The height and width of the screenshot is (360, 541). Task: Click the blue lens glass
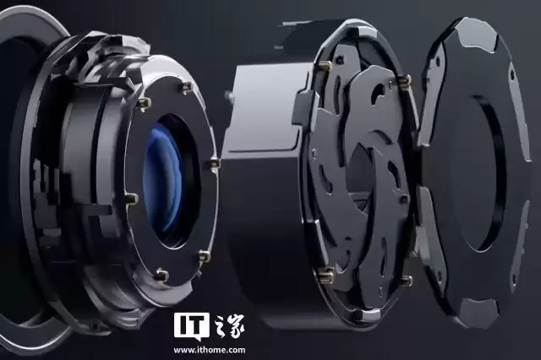[x=163, y=178]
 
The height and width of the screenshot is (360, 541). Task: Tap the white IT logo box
[x=192, y=325]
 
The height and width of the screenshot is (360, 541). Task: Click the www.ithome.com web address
[x=210, y=350]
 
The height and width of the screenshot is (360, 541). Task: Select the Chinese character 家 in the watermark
[x=236, y=325]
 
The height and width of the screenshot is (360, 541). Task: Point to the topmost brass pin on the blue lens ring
[x=187, y=88]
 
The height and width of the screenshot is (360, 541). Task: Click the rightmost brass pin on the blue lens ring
[x=215, y=163]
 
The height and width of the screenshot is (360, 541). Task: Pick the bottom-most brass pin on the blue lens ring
[x=161, y=274]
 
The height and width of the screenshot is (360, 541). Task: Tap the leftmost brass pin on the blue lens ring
[x=131, y=199]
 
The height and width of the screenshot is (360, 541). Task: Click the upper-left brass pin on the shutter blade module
[x=325, y=66]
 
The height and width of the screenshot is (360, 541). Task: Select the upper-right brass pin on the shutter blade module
[x=404, y=80]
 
